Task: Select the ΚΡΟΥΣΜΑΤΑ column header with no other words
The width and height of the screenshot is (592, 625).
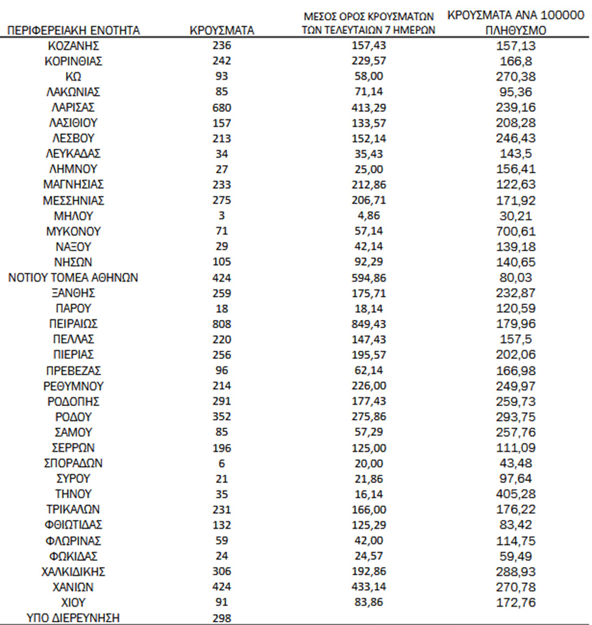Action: tap(222, 31)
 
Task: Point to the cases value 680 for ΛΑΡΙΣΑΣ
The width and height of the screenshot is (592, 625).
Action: tap(222, 107)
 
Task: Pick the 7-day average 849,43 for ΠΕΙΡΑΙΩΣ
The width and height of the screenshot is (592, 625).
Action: tap(368, 323)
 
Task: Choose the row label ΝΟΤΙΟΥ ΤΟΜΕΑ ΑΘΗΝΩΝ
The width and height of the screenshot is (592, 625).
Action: tap(74, 277)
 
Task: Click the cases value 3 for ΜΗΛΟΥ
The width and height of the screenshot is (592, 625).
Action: tap(222, 216)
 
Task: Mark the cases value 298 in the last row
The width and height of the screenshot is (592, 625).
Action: tap(222, 617)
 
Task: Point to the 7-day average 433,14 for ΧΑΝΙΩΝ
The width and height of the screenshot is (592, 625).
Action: tap(368, 586)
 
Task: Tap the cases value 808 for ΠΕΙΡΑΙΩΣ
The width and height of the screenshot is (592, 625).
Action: tap(222, 323)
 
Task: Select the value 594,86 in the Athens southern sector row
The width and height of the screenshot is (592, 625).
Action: tap(368, 277)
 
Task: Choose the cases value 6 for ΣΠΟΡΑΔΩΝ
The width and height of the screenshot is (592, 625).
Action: tap(222, 463)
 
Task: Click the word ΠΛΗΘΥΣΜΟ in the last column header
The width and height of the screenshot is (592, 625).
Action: tap(516, 31)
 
